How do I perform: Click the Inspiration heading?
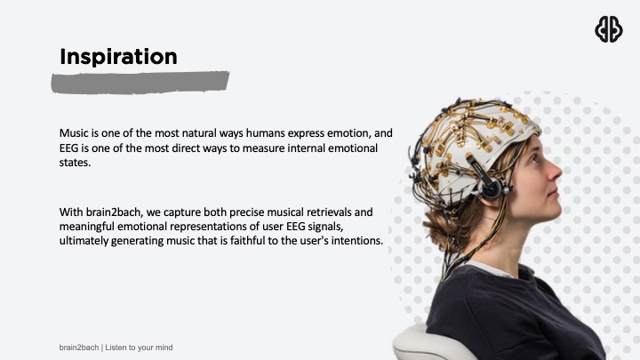tap(118, 56)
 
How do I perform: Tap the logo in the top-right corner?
tap(608, 29)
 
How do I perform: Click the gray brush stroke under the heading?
tap(140, 83)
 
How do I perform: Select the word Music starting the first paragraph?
tap(75, 132)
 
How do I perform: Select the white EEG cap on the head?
tap(471, 142)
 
